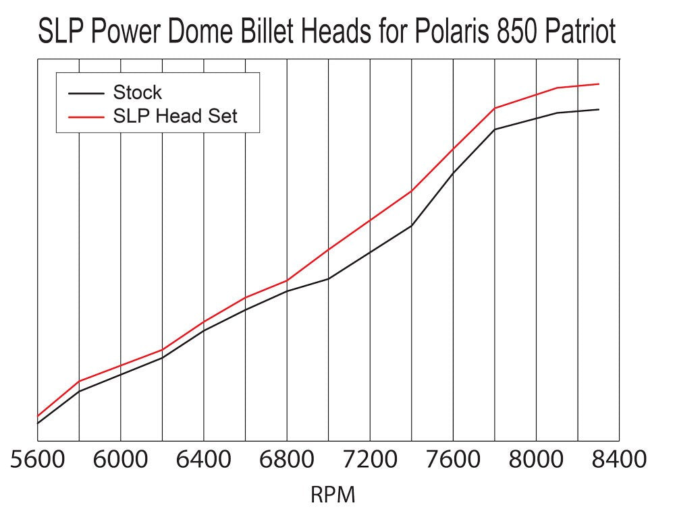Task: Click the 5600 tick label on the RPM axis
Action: pyautogui.click(x=38, y=460)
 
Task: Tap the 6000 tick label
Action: pyautogui.click(x=120, y=460)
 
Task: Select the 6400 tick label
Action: pyautogui.click(x=203, y=460)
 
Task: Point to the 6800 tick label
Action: pyautogui.click(x=286, y=460)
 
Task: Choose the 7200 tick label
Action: pyautogui.click(x=370, y=460)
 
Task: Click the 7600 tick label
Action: pyautogui.click(x=453, y=460)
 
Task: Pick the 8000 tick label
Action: pyautogui.click(x=536, y=460)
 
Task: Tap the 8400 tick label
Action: pyautogui.click(x=618, y=460)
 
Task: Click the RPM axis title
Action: pyautogui.click(x=332, y=495)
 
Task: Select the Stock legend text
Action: pyautogui.click(x=138, y=92)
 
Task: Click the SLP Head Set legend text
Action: pyautogui.click(x=175, y=116)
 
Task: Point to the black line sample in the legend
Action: pyautogui.click(x=86, y=92)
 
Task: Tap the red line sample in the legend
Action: pyautogui.click(x=86, y=116)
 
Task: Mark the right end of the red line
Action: pyautogui.click(x=599, y=84)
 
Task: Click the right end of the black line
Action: pyautogui.click(x=599, y=109)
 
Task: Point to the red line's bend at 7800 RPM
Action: pyautogui.click(x=495, y=108)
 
